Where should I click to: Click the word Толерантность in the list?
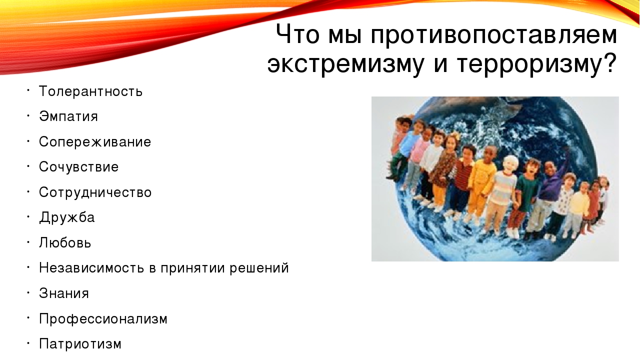(90, 91)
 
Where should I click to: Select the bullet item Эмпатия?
(68, 116)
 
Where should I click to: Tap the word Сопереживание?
(95, 141)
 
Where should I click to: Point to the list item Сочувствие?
(78, 167)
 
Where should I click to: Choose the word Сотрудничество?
(95, 192)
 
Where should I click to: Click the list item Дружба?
(67, 217)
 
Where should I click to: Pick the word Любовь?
(65, 242)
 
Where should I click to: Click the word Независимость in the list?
(91, 268)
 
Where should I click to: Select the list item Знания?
(64, 293)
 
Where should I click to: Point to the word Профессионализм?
(103, 319)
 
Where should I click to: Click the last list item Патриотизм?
(80, 344)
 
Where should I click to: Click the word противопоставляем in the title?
(493, 35)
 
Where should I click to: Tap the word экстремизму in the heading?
(345, 64)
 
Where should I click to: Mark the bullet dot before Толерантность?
(28, 90)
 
